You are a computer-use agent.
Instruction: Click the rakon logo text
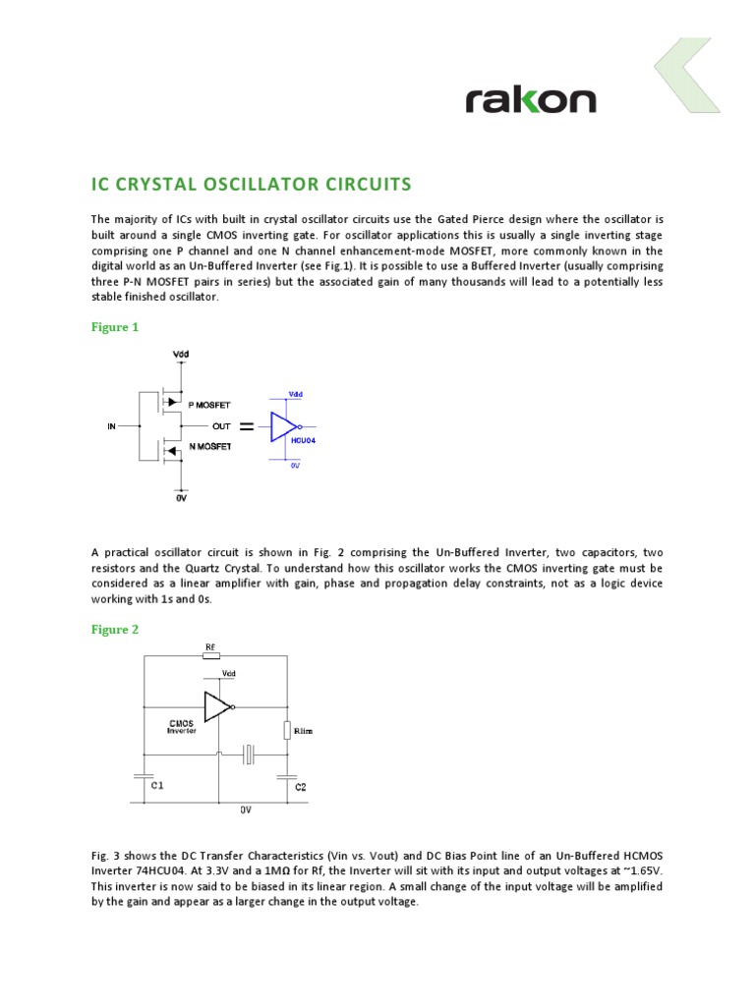(x=530, y=99)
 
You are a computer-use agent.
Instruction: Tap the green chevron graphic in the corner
(x=688, y=75)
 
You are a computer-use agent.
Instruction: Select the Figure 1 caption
(x=115, y=327)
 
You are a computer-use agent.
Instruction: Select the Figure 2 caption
(x=115, y=630)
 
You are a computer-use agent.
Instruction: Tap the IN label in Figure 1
(x=111, y=426)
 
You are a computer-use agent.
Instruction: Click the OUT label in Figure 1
(x=221, y=426)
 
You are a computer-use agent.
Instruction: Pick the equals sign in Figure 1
(x=247, y=426)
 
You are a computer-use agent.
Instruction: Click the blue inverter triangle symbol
(x=284, y=426)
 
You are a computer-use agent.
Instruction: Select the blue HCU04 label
(x=303, y=441)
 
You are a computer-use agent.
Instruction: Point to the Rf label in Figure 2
(x=210, y=647)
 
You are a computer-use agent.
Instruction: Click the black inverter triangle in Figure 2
(x=217, y=705)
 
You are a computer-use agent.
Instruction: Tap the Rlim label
(x=304, y=731)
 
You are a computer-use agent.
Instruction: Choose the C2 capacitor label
(x=301, y=787)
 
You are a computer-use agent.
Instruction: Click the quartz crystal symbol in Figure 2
(x=251, y=754)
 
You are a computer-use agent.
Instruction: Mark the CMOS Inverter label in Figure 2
(x=182, y=727)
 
